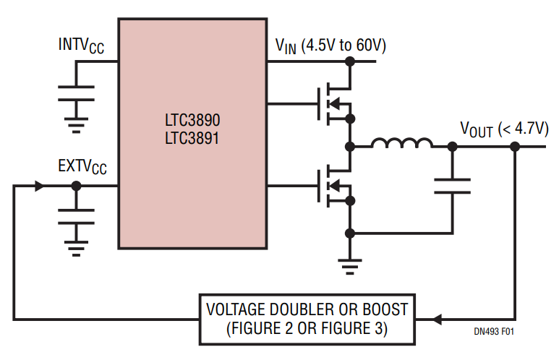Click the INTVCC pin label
point(81,46)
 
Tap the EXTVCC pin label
point(82,167)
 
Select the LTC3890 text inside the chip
point(192,120)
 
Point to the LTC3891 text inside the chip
point(192,138)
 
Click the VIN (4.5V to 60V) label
point(330,46)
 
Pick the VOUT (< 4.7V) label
point(505,129)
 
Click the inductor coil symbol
point(402,143)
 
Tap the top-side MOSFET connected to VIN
point(334,103)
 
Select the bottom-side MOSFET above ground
point(334,186)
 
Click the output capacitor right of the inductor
point(452,186)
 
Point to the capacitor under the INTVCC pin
point(76,93)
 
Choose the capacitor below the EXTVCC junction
point(76,217)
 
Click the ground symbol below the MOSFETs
point(350,267)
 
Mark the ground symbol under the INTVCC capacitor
point(76,126)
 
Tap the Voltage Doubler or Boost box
point(307,320)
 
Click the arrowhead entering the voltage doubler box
point(437,320)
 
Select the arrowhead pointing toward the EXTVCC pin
point(39,186)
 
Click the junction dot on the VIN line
point(350,61)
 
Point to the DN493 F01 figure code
point(494,332)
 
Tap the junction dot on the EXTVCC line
point(76,186)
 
